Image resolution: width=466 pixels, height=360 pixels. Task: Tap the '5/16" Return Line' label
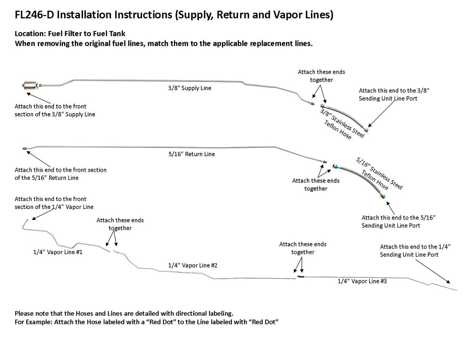tap(191, 154)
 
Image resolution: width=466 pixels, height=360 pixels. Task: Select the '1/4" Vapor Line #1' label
tap(58, 252)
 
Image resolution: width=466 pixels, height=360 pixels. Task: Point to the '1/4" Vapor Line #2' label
tap(193, 265)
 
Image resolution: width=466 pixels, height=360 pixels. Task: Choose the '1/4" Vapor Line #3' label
tap(362, 281)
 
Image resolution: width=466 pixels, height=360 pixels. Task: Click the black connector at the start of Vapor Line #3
tap(300, 277)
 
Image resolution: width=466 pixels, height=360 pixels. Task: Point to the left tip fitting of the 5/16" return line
tap(24, 149)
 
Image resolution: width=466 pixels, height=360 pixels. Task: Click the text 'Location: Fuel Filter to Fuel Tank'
tap(70, 34)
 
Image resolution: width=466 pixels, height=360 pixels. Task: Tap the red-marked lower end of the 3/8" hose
tap(367, 130)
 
